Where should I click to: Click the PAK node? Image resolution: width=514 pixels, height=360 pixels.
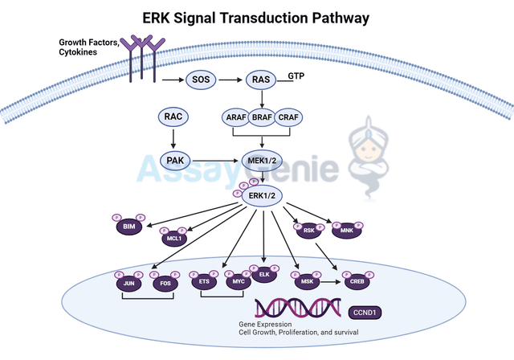tap(174, 161)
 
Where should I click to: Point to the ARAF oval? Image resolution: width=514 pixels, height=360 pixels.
tap(235, 118)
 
